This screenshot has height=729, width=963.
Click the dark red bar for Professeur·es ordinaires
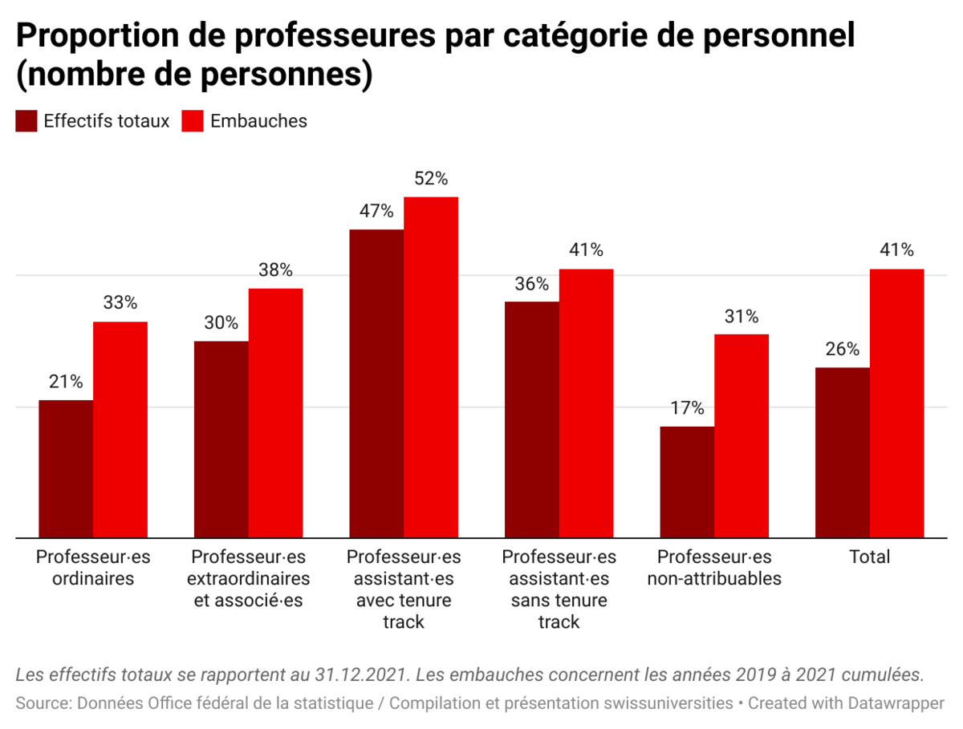point(66,468)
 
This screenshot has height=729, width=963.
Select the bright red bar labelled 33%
point(120,429)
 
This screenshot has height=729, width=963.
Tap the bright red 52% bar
point(431,367)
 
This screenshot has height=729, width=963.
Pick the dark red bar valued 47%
point(376,383)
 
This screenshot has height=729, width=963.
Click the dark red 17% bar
point(687,481)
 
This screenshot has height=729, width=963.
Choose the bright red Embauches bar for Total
point(896,403)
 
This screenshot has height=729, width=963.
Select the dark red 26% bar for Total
point(843,452)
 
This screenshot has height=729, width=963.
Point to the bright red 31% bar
point(742,435)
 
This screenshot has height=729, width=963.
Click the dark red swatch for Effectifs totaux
point(26,121)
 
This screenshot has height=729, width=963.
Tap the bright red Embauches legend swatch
point(193,121)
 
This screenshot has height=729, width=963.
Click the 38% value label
point(275,270)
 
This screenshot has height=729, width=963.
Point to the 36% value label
point(532,284)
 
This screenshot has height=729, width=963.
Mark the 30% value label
point(221,323)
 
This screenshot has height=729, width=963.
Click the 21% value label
point(66,382)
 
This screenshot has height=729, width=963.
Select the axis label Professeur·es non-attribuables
point(714,567)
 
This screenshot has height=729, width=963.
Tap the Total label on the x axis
point(870,557)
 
